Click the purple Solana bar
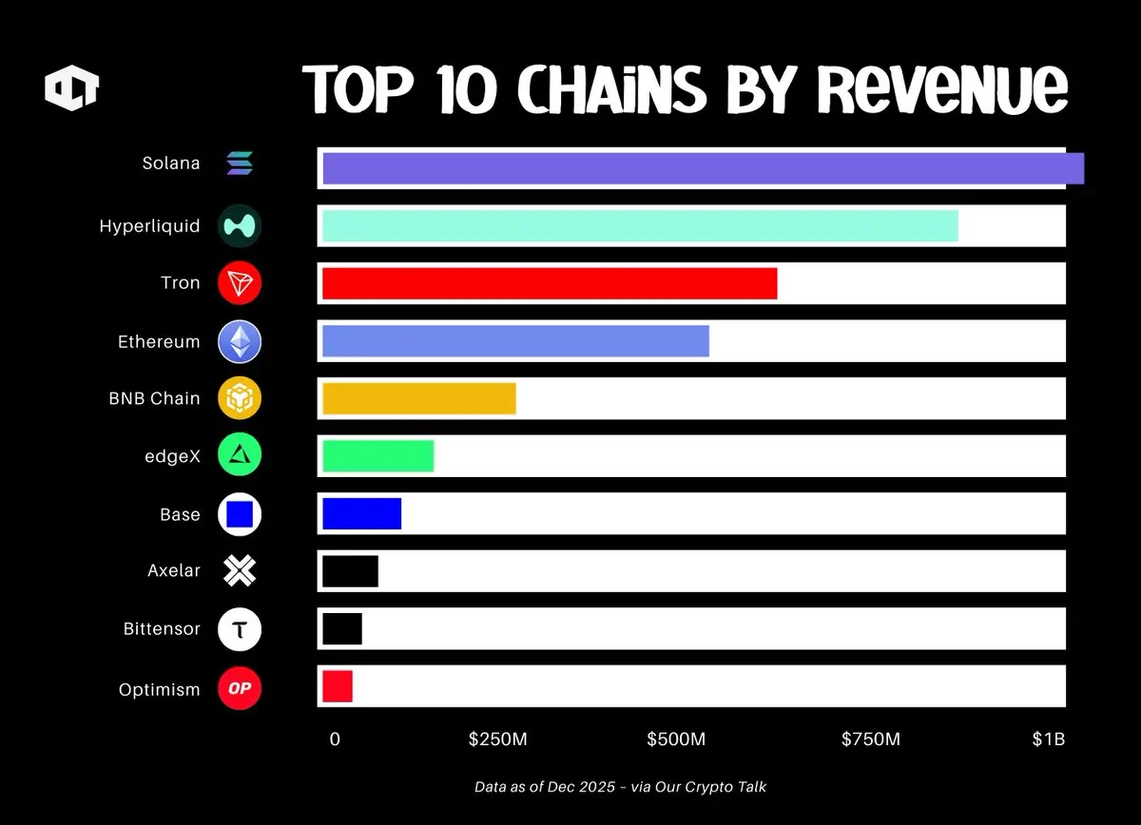[703, 168]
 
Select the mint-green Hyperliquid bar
[640, 226]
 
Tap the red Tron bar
[550, 283]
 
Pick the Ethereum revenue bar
[515, 341]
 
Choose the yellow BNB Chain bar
[419, 399]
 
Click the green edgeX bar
[378, 456]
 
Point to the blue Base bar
[361, 513]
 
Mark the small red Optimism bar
[338, 686]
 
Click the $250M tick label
[497, 739]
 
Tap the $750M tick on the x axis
[870, 739]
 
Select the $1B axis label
[1049, 739]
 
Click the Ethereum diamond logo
[240, 342]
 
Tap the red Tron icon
[240, 283]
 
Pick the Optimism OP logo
[240, 688]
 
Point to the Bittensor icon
[240, 629]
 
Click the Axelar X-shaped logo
[240, 571]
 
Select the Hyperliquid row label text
[149, 226]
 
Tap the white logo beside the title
[72, 89]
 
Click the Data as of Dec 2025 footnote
[620, 787]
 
